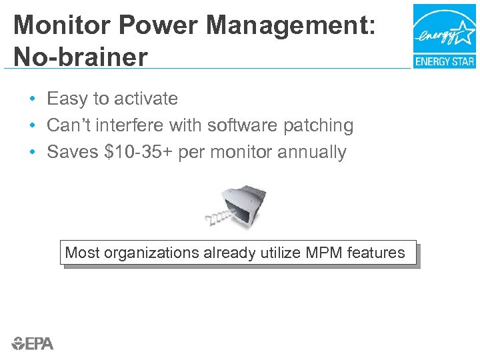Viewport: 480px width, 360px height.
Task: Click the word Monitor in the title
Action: [57, 26]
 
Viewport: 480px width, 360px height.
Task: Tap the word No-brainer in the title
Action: [80, 57]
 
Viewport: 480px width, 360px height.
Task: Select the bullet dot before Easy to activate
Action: [32, 99]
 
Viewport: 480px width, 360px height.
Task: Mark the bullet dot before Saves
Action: [32, 153]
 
